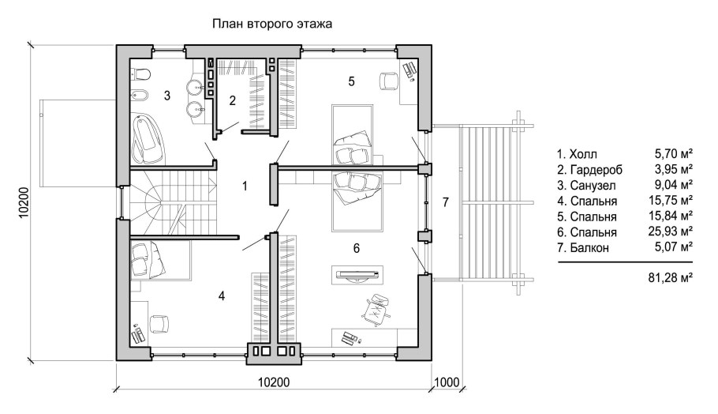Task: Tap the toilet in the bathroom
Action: coord(142,75)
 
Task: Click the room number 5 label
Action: coord(352,81)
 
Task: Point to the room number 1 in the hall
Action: coord(245,186)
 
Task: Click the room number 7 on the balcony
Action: coord(445,203)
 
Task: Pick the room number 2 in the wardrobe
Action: coord(232,100)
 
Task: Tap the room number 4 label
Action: coord(222,295)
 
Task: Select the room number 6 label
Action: coord(356,248)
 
